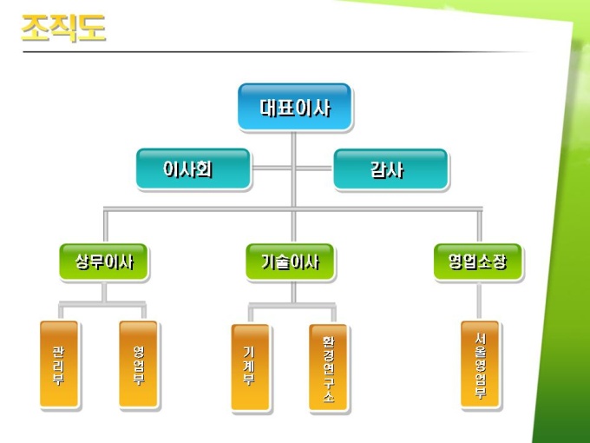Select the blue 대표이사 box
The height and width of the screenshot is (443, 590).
[x=294, y=108]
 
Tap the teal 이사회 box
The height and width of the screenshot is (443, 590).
[x=193, y=169]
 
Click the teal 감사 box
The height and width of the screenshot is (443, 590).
[x=390, y=169]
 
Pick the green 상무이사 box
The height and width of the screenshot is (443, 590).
[x=104, y=261]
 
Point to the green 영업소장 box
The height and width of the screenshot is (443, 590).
[x=478, y=261]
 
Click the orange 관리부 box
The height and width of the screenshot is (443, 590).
[x=58, y=365]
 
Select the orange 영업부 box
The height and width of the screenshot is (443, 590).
[x=138, y=365]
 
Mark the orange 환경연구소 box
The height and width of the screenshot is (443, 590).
[x=328, y=368]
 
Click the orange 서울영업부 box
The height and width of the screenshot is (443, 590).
[x=480, y=365]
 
